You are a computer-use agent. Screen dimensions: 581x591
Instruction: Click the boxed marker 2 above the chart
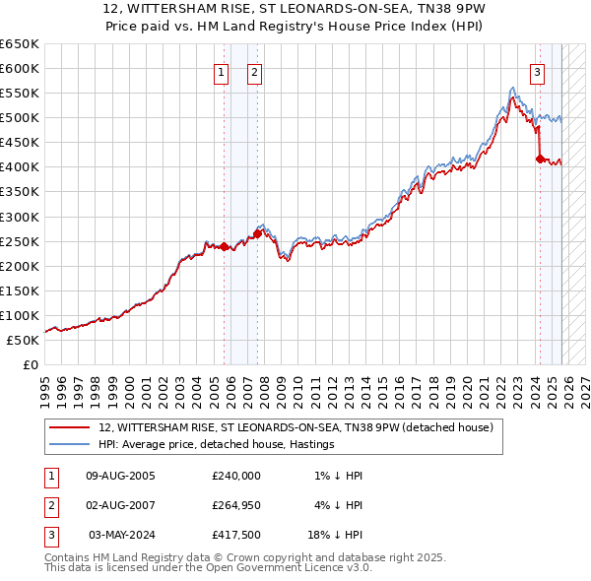click(x=254, y=72)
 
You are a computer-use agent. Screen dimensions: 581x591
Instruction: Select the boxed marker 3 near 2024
click(x=537, y=72)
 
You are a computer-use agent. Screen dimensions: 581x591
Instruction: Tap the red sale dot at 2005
click(x=224, y=246)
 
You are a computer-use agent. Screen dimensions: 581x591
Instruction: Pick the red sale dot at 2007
click(x=257, y=233)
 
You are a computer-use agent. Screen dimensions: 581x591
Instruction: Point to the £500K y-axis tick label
click(x=20, y=118)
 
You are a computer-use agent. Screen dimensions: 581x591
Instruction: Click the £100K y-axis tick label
click(x=20, y=316)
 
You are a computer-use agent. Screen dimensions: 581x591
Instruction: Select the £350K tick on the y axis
click(x=20, y=192)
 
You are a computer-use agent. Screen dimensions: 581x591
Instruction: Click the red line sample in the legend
click(x=69, y=427)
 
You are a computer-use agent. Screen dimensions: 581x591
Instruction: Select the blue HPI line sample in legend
click(x=69, y=444)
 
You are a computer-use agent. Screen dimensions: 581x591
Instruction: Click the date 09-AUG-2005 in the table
click(x=121, y=476)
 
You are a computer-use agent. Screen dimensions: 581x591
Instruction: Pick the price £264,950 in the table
click(x=235, y=505)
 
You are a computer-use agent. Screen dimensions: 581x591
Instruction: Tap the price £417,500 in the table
click(x=235, y=535)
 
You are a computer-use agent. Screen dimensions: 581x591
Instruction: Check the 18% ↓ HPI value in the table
click(x=335, y=535)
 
